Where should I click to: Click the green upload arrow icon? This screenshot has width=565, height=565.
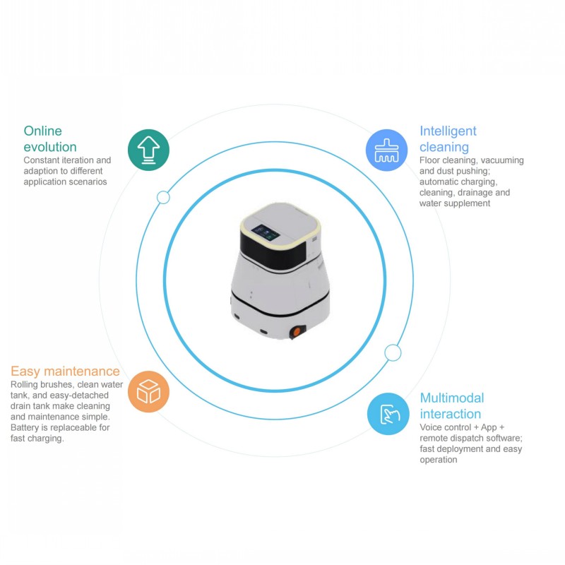click(x=148, y=150)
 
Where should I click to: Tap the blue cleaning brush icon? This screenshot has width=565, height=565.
click(x=386, y=150)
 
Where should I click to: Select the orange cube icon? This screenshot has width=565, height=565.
click(x=148, y=392)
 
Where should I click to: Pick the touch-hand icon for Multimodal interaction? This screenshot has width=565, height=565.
click(x=388, y=414)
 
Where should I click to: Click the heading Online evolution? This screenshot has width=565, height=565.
click(x=50, y=138)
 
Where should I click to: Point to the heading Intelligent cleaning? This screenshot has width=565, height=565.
click(x=448, y=138)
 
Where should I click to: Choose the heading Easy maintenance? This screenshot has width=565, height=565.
click(x=65, y=371)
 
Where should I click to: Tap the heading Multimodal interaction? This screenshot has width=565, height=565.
click(x=452, y=405)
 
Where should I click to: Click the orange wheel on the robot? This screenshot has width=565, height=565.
click(x=297, y=332)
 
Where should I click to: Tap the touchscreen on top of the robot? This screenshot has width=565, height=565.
click(x=266, y=233)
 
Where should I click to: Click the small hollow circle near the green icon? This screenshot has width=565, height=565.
click(x=163, y=198)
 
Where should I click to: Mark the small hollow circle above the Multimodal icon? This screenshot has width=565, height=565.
click(x=393, y=352)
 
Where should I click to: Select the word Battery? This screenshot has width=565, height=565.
click(x=25, y=428)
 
